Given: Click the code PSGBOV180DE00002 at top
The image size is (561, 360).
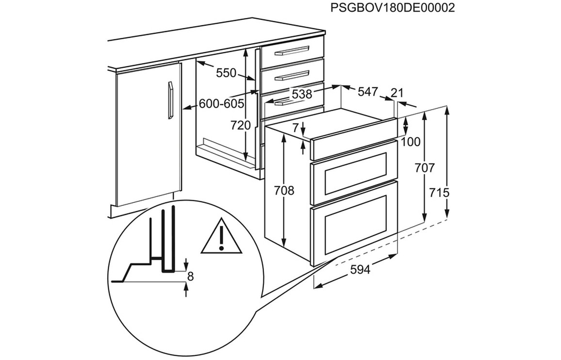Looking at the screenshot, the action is coord(393,7).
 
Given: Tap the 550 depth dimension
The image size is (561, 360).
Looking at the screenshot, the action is coord(227,73).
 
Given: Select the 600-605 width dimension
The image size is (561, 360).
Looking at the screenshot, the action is coord(221,104).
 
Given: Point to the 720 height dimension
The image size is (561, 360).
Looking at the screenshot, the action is coord(240,125).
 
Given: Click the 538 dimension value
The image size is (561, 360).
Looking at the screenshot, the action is coord(302,94).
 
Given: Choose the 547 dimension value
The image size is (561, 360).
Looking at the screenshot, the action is coord(368,92).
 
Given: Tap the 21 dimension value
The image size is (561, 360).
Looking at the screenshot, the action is coord(397,93).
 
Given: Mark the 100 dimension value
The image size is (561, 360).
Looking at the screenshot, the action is coord(411,142).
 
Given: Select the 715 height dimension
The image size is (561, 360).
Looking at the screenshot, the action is coord(439,193).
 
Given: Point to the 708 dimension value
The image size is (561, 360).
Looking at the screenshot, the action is coord(284,190).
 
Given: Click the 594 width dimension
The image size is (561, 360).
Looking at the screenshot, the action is coord(360,269).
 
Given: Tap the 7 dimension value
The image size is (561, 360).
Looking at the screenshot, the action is coord(295,128).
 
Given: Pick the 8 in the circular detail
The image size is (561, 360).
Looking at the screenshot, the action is coord(190,276).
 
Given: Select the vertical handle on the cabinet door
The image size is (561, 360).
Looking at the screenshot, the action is coord(171,100).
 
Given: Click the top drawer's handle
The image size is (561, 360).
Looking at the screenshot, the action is coord(292,50).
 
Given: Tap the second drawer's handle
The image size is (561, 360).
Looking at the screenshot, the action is coord(292,76).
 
